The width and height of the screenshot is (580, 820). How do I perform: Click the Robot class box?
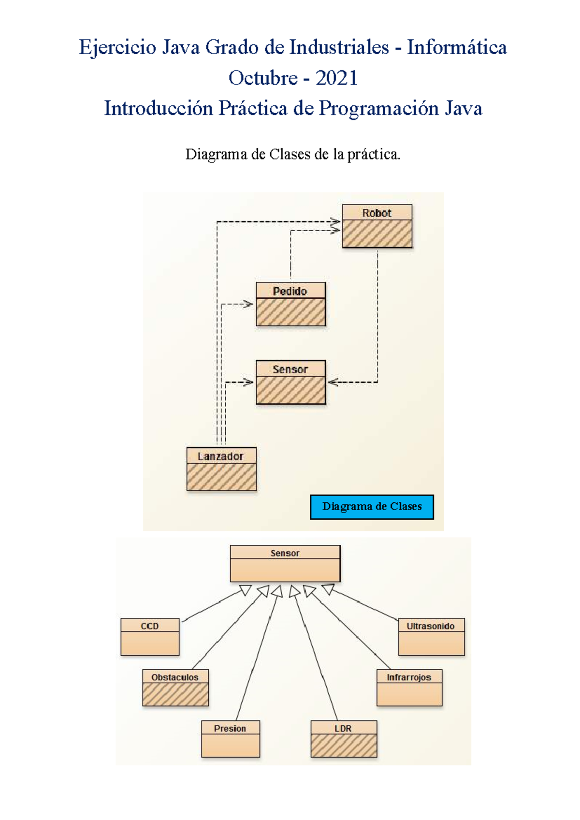click(377, 226)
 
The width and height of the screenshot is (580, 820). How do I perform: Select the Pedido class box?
click(290, 304)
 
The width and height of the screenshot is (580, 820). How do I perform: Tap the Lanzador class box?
click(221, 469)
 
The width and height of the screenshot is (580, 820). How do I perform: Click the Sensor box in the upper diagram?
click(290, 382)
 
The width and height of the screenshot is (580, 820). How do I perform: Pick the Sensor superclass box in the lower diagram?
click(285, 564)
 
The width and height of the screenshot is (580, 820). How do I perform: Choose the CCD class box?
click(150, 637)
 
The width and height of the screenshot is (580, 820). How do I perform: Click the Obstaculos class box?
click(175, 688)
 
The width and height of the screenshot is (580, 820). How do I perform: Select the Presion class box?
click(231, 739)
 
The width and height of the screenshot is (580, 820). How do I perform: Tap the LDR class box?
click(344, 739)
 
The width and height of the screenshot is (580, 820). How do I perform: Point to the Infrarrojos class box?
click(409, 688)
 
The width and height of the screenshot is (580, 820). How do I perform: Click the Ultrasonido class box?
click(431, 637)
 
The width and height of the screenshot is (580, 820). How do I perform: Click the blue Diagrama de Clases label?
click(372, 507)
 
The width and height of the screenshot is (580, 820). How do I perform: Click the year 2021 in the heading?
click(336, 78)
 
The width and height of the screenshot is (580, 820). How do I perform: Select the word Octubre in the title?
click(263, 78)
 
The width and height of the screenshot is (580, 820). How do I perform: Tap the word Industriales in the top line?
click(339, 47)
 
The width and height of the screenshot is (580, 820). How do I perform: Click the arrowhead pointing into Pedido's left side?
click(248, 304)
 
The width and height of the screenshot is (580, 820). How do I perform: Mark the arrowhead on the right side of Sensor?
click(333, 382)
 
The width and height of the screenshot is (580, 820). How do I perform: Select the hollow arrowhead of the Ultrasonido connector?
click(329, 589)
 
